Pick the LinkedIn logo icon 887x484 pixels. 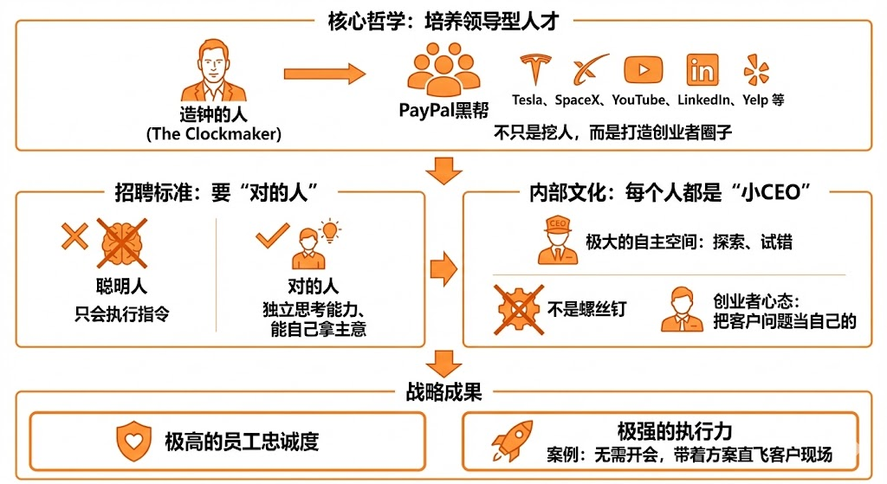[x=702, y=70]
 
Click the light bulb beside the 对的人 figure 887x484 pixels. [x=330, y=231]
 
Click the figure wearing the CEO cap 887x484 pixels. [x=557, y=239]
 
